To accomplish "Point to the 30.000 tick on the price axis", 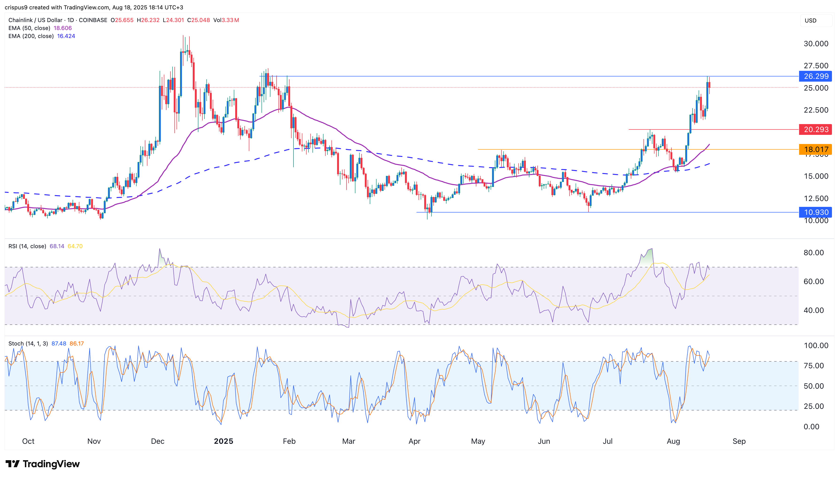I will [x=816, y=44].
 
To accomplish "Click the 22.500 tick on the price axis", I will [x=816, y=110].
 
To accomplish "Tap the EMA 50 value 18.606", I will [x=62, y=28].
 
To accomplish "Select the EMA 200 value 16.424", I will [x=66, y=36].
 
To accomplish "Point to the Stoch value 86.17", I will [x=77, y=343].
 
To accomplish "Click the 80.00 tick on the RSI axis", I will [x=813, y=252].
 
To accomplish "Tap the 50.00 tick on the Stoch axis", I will [x=813, y=386].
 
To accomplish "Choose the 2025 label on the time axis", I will [x=223, y=441].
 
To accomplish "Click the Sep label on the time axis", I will [x=739, y=441].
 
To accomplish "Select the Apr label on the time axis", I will [x=414, y=441].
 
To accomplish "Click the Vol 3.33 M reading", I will [x=226, y=20].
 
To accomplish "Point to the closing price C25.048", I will [x=198, y=20].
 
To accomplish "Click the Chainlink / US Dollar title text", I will [x=35, y=20].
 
